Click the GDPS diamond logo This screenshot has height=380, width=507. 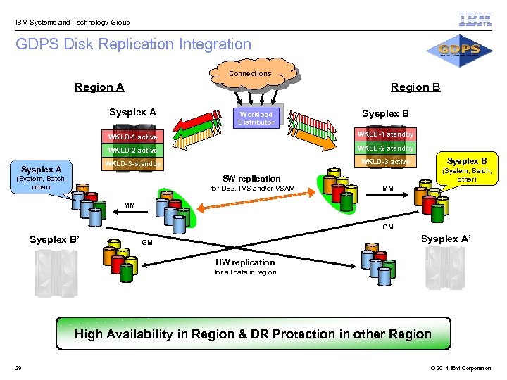pyautogui.click(x=458, y=50)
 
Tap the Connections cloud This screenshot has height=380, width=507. pyautogui.click(x=250, y=74)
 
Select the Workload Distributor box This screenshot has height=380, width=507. pyautogui.click(x=256, y=118)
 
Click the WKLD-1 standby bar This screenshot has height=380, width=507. pyautogui.click(x=384, y=134)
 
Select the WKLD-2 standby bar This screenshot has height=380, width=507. pyautogui.click(x=384, y=148)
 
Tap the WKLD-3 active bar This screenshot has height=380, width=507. pyautogui.click(x=384, y=162)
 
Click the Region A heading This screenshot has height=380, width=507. pyautogui.click(x=99, y=87)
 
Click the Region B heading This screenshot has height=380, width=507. pyautogui.click(x=415, y=87)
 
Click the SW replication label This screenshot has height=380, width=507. pyautogui.click(x=251, y=179)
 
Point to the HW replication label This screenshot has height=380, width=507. pyautogui.click(x=244, y=262)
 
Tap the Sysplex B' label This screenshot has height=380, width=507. pyautogui.click(x=54, y=239)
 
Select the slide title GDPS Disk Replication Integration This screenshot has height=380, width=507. pyautogui.click(x=134, y=44)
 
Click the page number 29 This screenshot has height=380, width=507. pyautogui.click(x=18, y=368)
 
